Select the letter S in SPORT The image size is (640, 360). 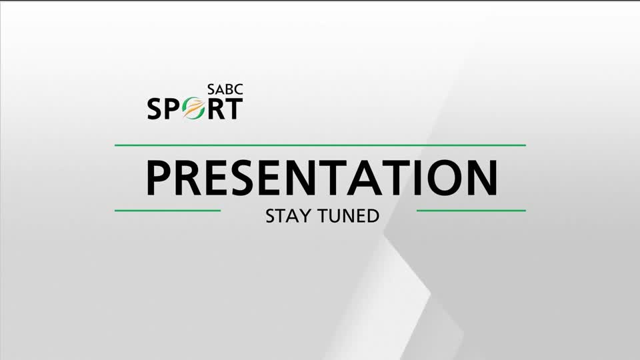[x=156, y=109]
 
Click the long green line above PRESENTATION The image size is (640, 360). [x=320, y=145]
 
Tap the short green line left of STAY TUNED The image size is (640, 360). [x=167, y=211]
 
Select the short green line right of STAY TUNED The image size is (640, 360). [x=471, y=211]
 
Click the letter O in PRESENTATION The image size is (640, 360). [x=445, y=177]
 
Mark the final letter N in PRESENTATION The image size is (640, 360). [x=482, y=177]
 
